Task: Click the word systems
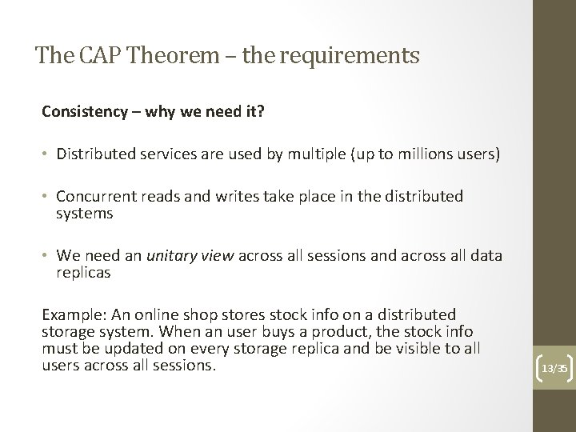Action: click(x=84, y=214)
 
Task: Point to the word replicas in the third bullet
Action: click(x=84, y=272)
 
